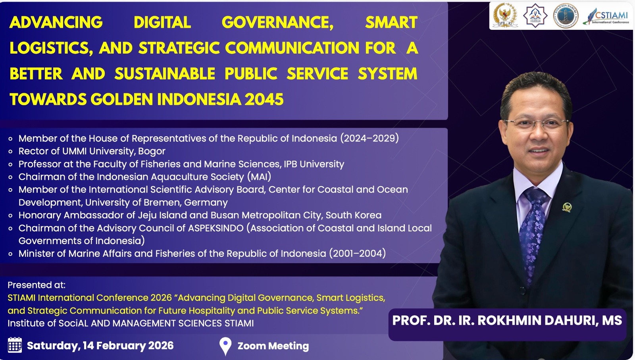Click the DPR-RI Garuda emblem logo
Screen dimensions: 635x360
click(x=505, y=15)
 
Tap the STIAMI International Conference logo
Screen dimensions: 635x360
click(x=606, y=16)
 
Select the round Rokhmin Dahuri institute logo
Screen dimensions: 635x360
click(x=566, y=15)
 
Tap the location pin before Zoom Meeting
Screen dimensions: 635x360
click(x=225, y=346)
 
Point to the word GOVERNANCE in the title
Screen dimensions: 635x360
click(x=277, y=22)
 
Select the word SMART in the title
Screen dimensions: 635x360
click(x=391, y=22)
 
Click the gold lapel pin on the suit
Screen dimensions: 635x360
click(x=567, y=207)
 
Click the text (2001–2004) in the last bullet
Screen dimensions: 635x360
click(x=358, y=253)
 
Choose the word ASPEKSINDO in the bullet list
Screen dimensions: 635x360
click(x=216, y=228)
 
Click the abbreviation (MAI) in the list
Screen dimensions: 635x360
click(x=259, y=177)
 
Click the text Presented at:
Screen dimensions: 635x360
click(x=37, y=285)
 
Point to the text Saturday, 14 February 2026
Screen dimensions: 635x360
click(x=100, y=346)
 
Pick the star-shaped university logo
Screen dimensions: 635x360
click(x=535, y=15)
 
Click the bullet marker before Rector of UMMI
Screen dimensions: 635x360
click(x=10, y=151)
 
